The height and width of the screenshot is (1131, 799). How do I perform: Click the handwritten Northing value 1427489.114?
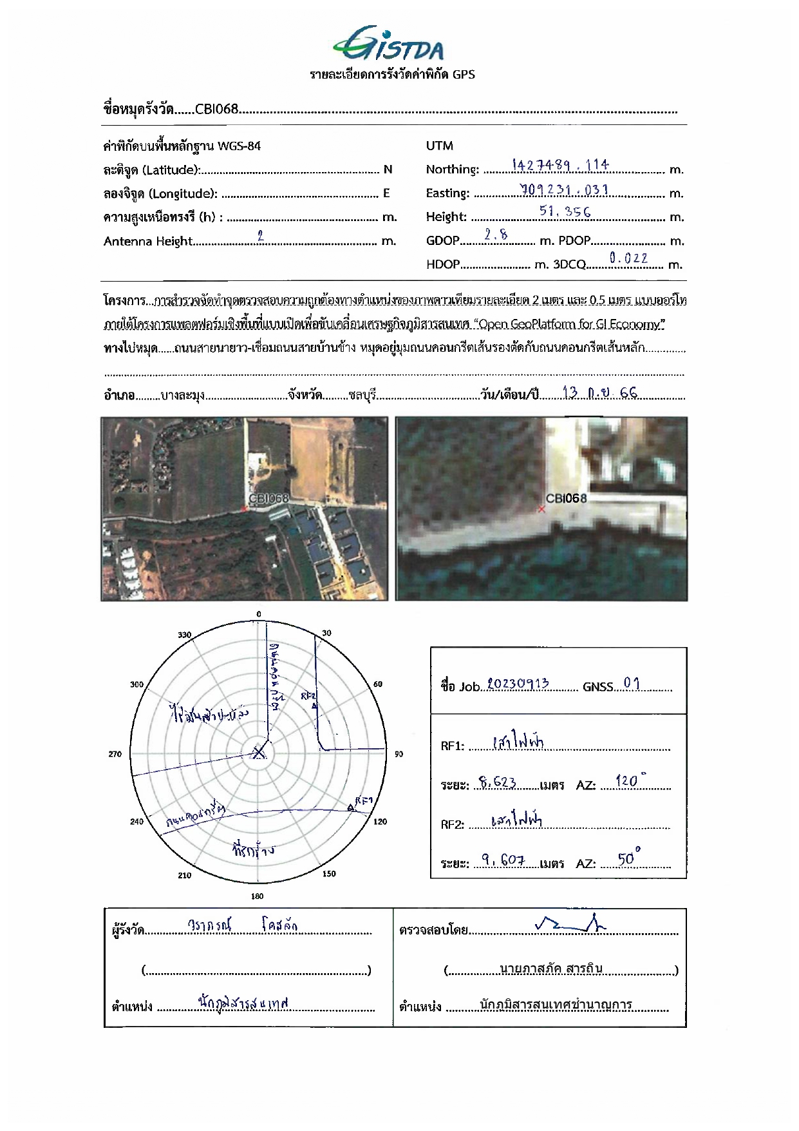point(560,166)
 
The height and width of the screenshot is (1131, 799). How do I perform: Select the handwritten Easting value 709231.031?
point(564,190)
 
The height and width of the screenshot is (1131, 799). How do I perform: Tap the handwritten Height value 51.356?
point(565,211)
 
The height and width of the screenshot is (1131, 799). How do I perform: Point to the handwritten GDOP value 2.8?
point(496,235)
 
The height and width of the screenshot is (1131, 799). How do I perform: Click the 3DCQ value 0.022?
point(628,258)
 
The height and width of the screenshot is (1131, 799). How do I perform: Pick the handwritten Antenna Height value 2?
point(260,236)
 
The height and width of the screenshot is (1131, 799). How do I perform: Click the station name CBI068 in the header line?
point(217,109)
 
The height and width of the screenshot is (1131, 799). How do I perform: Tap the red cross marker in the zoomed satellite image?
point(541,509)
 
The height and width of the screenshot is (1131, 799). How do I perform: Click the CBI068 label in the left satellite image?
point(268,498)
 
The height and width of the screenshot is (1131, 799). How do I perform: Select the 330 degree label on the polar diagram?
point(185,635)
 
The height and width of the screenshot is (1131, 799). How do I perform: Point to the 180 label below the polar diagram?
point(258,896)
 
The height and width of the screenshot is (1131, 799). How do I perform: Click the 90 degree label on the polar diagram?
point(399,754)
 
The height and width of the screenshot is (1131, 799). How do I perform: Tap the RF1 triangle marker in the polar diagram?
point(350,807)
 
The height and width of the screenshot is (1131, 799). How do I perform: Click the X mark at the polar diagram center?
point(259,752)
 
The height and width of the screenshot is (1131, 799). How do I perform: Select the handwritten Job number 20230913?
point(518,684)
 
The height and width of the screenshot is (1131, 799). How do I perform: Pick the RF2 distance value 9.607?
point(503,860)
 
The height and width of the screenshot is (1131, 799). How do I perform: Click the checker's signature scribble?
point(570,925)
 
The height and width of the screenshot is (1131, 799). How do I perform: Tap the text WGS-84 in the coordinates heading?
point(239,146)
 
